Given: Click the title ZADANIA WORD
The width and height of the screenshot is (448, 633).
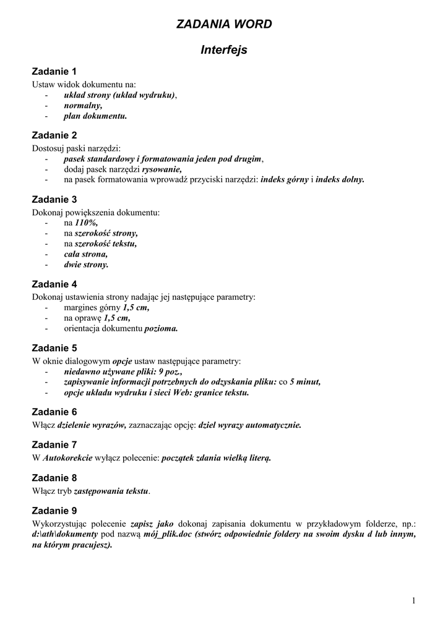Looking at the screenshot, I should (224, 24).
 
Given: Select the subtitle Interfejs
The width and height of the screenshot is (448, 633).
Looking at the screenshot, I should (224, 50).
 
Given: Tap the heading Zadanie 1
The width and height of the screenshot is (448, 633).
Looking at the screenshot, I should (54, 72).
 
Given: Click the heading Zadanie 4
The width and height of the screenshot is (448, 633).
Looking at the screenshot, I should (54, 284).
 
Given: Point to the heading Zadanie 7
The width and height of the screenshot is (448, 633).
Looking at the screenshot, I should (54, 444).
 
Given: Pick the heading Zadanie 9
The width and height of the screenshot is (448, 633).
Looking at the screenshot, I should (54, 511).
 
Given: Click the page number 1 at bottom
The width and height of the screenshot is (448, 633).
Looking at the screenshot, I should (413, 601).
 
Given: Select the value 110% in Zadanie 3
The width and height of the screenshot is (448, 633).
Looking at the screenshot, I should (86, 223).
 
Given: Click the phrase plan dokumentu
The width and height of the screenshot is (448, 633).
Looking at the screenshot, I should (95, 116).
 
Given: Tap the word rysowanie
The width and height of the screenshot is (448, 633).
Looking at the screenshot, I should (162, 169).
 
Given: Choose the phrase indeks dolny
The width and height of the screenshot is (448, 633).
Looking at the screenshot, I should (340, 180).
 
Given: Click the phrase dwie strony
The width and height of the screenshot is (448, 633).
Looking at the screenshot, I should (86, 265).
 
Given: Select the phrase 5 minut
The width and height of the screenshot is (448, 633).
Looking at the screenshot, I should (305, 382).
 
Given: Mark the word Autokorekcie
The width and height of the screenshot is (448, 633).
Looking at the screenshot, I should (67, 458).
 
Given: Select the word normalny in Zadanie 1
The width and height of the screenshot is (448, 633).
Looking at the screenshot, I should (83, 106).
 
